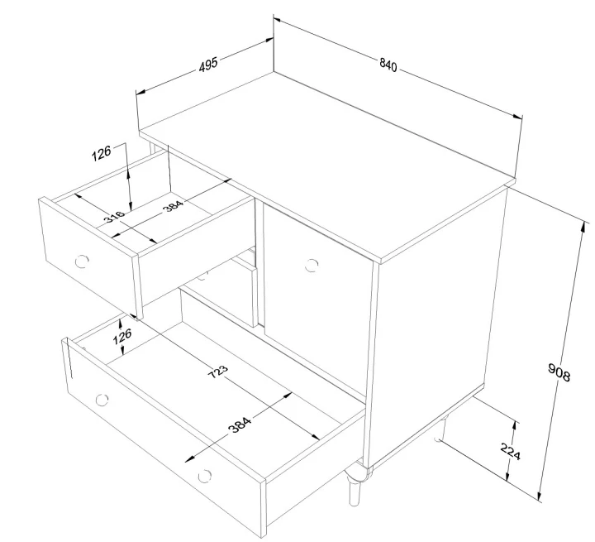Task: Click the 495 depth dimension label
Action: coord(208,65)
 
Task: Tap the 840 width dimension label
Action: coord(388,65)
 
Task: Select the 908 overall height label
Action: coord(559,372)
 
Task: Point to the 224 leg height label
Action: coord(511,452)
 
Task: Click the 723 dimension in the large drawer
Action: coord(218,372)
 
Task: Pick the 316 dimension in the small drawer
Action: coord(114,216)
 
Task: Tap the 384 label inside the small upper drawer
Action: coord(173,205)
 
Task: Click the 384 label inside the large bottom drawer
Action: coord(240,425)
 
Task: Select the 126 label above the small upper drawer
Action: coord(102,153)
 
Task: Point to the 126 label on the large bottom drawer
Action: coord(122,336)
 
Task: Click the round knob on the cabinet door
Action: coord(312,266)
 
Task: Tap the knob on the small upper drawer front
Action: coord(82,261)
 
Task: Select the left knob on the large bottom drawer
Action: coord(102,400)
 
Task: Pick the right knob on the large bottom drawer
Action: coord(205,476)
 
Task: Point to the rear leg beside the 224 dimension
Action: coord(441,429)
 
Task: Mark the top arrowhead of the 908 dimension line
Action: coord(583,227)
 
